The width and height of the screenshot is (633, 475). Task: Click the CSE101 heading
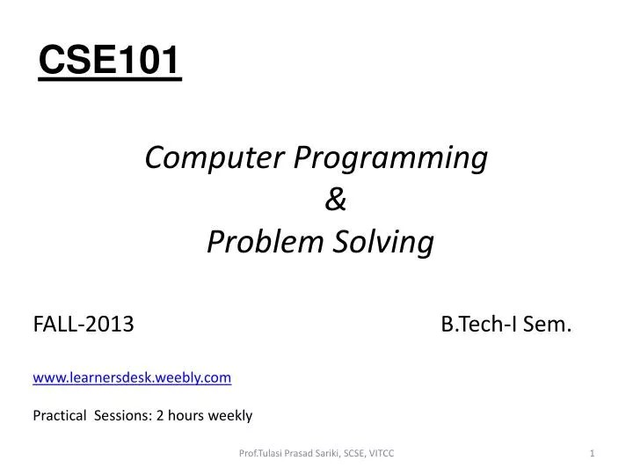pos(110,62)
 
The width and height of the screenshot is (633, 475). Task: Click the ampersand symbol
pos(335,201)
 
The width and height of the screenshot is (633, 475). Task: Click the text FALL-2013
pos(84,325)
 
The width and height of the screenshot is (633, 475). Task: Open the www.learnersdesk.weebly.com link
pos(132,376)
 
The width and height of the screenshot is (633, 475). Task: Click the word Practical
pos(59,415)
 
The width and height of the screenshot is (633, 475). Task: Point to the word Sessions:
pos(123,415)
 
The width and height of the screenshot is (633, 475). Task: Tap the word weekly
pos(230,415)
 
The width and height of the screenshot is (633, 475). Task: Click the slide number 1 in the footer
pos(593,453)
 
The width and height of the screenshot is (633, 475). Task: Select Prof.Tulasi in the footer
pos(263,453)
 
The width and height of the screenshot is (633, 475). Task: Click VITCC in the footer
pos(384,453)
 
